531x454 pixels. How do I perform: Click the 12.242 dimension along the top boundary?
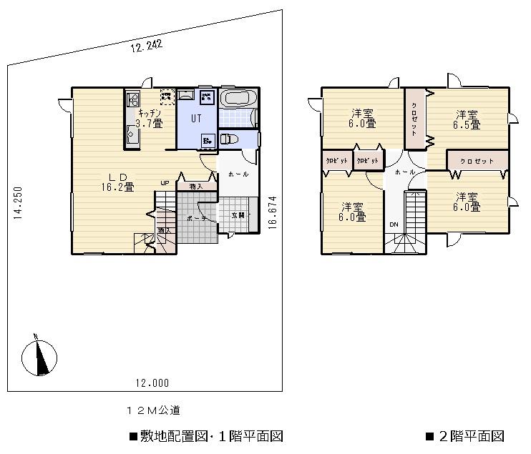147,46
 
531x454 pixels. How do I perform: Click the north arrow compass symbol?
40,355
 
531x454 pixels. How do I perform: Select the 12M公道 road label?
152,410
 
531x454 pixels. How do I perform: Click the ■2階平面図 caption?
465,435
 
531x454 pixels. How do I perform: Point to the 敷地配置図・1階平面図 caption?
208,435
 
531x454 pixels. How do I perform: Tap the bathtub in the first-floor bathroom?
238,98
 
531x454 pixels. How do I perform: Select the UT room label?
195,119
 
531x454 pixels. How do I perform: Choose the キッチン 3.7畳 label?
150,118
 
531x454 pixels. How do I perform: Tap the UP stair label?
165,183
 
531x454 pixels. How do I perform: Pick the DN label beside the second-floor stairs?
394,224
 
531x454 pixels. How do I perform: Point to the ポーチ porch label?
196,218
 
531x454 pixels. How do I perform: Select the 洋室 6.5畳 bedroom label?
468,119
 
